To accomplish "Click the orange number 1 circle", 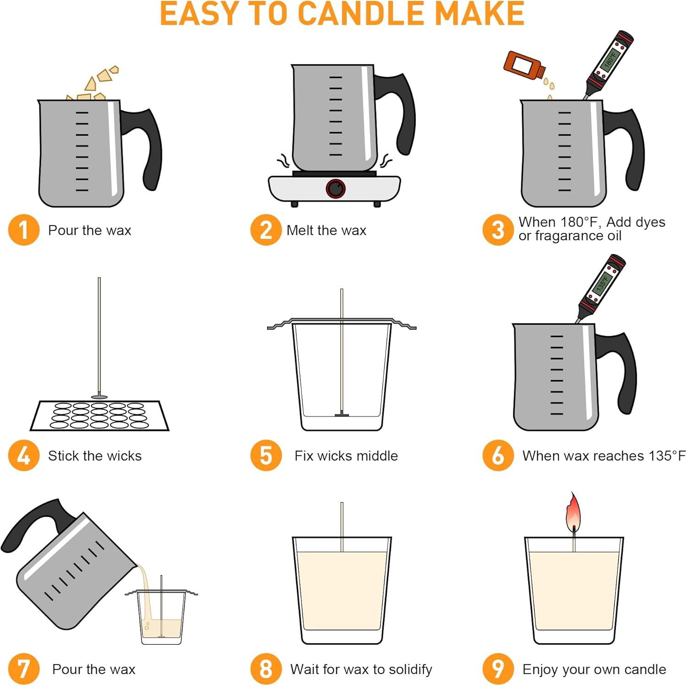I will pyautogui.click(x=23, y=230).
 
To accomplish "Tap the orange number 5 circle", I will pyautogui.click(x=266, y=455).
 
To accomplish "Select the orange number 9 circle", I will pyautogui.click(x=498, y=669).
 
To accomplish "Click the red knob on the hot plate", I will pyautogui.click(x=336, y=189).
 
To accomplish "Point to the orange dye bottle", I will pyautogui.click(x=523, y=65).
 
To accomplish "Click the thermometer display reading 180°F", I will pyautogui.click(x=611, y=58).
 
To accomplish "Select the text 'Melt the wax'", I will pyautogui.click(x=326, y=230).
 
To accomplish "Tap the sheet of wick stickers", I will pyautogui.click(x=99, y=416).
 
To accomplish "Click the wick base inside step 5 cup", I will pyautogui.click(x=342, y=415).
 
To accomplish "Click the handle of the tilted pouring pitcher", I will pyautogui.click(x=32, y=522).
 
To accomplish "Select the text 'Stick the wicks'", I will pyautogui.click(x=95, y=456).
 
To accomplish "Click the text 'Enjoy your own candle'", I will pyautogui.click(x=594, y=669).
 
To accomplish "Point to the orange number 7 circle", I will pyautogui.click(x=23, y=669).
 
